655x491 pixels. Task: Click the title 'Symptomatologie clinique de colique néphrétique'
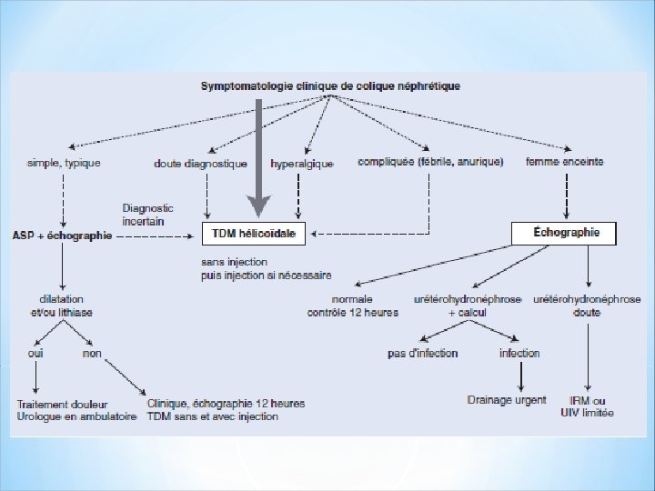point(329,85)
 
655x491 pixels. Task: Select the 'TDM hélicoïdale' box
point(253,234)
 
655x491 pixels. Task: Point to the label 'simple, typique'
point(70,163)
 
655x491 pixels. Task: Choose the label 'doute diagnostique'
point(200,164)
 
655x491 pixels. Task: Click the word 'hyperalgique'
point(302,164)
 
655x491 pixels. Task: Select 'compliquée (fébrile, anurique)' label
point(430,163)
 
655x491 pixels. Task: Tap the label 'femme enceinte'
point(564,163)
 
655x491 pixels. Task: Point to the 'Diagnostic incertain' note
point(147,215)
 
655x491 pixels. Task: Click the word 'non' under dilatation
point(92,353)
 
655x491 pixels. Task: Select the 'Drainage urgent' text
point(507,399)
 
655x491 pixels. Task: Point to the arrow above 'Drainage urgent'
point(519,375)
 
